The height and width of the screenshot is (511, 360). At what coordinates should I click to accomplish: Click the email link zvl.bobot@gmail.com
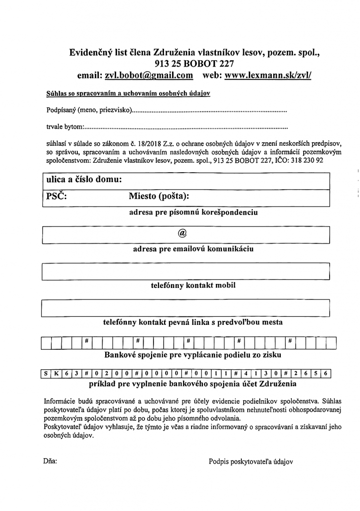[149, 75]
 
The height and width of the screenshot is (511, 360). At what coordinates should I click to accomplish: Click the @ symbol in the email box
[182, 233]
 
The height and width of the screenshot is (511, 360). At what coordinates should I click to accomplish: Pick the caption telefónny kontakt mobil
[193, 286]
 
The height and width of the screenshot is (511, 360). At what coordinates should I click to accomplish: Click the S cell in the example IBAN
[46, 373]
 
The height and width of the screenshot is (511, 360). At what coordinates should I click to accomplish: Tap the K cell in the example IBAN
[56, 373]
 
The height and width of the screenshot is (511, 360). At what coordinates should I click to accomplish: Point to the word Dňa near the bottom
[50, 462]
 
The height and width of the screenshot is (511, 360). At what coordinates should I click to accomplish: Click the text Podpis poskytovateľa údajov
[251, 462]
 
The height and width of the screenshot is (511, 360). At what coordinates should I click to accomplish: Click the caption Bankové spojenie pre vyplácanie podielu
[192, 355]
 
